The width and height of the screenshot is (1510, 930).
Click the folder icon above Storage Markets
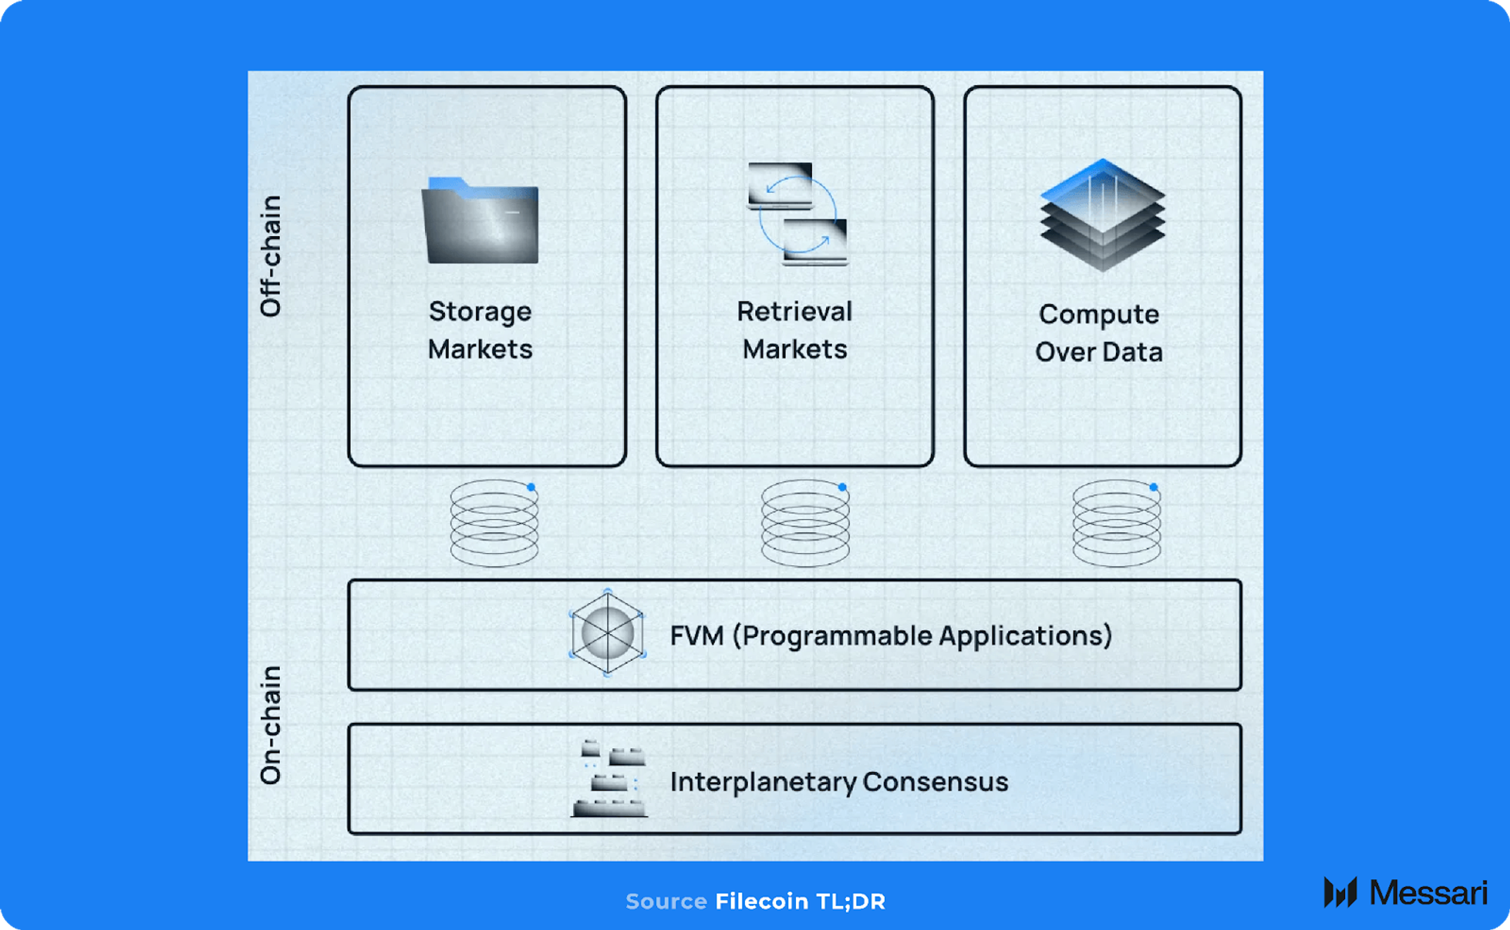[x=481, y=221]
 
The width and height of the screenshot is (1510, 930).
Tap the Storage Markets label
[x=480, y=330]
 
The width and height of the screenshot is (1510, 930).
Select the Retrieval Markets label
[x=794, y=330]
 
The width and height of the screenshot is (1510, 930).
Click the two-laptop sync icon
[x=797, y=214]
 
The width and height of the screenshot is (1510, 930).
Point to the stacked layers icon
[x=1103, y=216]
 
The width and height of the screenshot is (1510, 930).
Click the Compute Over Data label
[x=1099, y=333]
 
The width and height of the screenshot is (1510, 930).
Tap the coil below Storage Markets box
[x=494, y=524]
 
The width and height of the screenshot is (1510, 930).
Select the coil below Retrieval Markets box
[x=805, y=524]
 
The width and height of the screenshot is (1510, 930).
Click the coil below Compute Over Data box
[x=1117, y=524]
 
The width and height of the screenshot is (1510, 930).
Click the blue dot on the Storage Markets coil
[x=531, y=487]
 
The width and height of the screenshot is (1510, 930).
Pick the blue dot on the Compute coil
[x=1153, y=487]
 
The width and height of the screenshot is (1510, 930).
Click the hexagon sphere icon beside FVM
[x=607, y=633]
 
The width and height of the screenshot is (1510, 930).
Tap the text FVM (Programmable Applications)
[x=890, y=635]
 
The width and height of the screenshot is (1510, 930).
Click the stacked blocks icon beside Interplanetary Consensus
[x=609, y=779]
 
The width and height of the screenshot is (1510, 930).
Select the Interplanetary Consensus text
[x=839, y=781]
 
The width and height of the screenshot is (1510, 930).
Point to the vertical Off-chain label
[x=271, y=256]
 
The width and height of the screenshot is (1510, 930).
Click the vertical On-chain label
[x=271, y=725]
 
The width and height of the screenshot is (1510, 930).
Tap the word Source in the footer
[x=665, y=901]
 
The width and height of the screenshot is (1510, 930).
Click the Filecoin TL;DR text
[x=800, y=901]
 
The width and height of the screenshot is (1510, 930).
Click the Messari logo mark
[x=1340, y=893]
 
